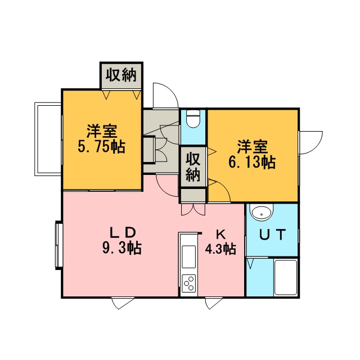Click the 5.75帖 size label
[x=101, y=147]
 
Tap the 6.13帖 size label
[x=252, y=163]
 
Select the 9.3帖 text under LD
[x=122, y=247]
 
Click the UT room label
[x=272, y=235]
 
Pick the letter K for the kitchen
[x=220, y=235]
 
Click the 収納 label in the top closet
[x=121, y=75]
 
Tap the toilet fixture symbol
[x=193, y=119]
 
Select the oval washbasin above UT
[x=262, y=212]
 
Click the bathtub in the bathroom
[x=286, y=277]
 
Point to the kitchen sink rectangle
[x=189, y=256]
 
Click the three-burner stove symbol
[x=189, y=283]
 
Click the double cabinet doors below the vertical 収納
[x=193, y=209]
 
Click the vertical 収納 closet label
[x=193, y=167]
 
